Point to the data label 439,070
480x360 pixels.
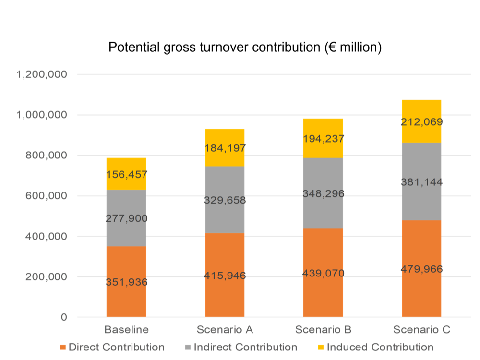[x=323, y=273]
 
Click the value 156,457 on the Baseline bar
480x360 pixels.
[x=126, y=174]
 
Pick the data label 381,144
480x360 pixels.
[x=421, y=182]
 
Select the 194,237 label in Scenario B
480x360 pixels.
[x=323, y=139]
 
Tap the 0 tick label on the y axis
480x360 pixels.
[x=64, y=317]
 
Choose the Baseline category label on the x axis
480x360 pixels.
[x=127, y=330]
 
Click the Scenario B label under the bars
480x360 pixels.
[x=323, y=330]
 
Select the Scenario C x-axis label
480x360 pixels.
[x=421, y=330]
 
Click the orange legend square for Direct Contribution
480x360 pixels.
[x=62, y=348]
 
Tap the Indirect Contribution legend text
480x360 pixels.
[x=245, y=348]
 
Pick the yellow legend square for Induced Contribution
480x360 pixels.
[x=321, y=348]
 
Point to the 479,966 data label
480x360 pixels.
[x=421, y=269]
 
